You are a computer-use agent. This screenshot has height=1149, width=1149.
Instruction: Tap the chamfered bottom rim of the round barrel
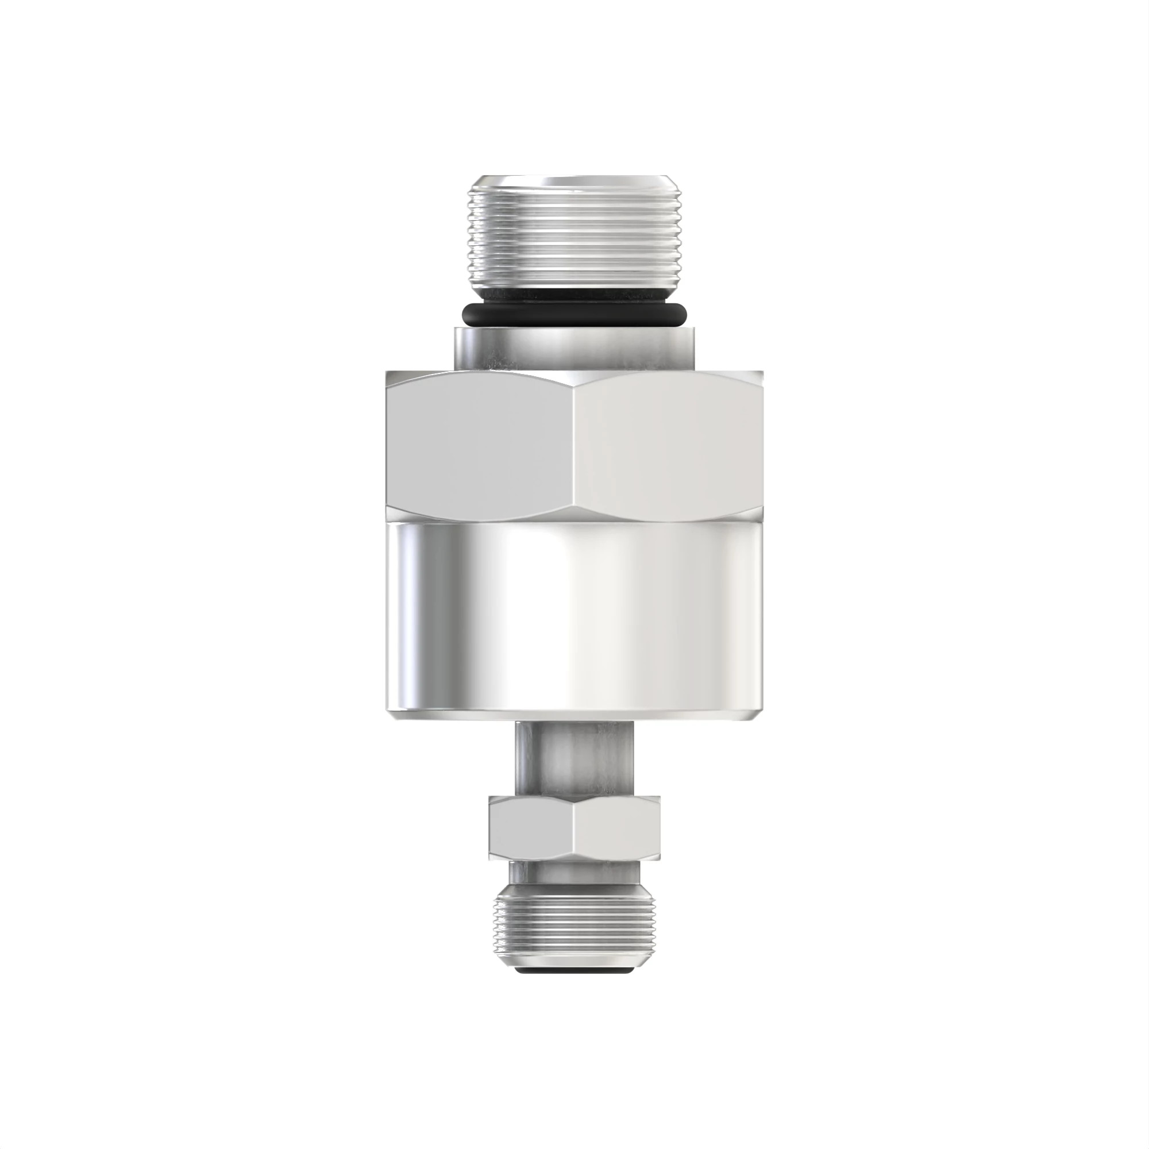574,716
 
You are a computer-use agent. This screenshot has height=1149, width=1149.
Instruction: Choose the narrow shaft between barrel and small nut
574,758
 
